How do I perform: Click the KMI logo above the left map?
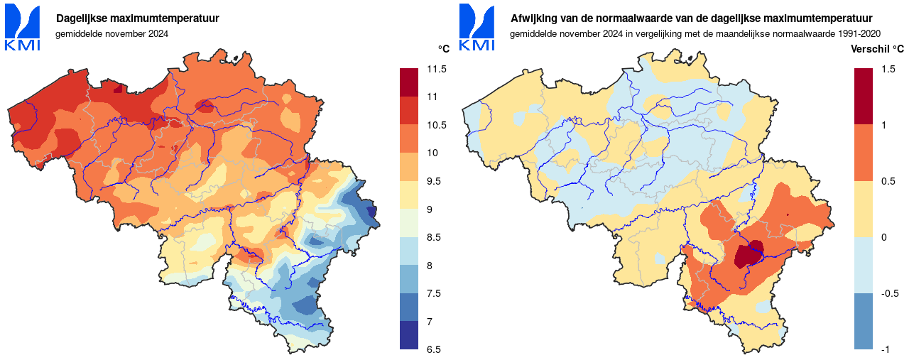point(22,28)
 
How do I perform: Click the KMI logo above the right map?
point(477,28)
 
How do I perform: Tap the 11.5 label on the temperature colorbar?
point(437,69)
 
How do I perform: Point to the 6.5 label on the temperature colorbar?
point(434,349)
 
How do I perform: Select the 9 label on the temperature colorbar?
point(430,209)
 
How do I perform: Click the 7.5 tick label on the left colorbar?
point(434,293)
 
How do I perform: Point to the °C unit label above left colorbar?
point(443,49)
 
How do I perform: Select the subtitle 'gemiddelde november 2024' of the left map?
point(112,33)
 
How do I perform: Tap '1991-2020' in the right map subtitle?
point(860,33)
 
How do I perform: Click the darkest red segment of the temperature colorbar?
point(410,82)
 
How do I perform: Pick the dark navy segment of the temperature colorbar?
point(410,335)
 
